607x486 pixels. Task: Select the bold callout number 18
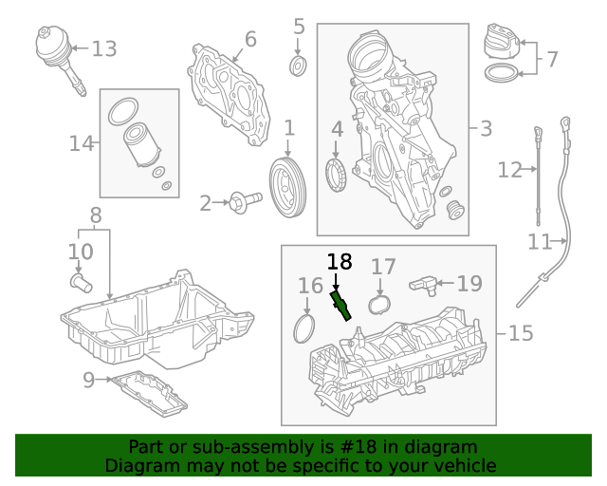pos(339,262)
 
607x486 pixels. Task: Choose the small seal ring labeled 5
pos(298,65)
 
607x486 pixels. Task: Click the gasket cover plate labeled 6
pos(227,93)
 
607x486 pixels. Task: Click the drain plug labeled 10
pos(79,282)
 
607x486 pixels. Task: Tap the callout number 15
pos(521,333)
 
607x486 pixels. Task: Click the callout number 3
pos(486,128)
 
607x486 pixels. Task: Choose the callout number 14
pos(82,143)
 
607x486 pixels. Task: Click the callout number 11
pos(540,242)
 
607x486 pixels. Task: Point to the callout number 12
pos(509,170)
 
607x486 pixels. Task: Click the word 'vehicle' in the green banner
pos(463,465)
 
